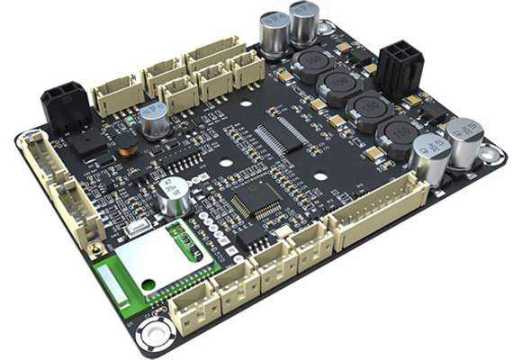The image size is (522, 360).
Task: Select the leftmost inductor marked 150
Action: pos(309,66)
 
